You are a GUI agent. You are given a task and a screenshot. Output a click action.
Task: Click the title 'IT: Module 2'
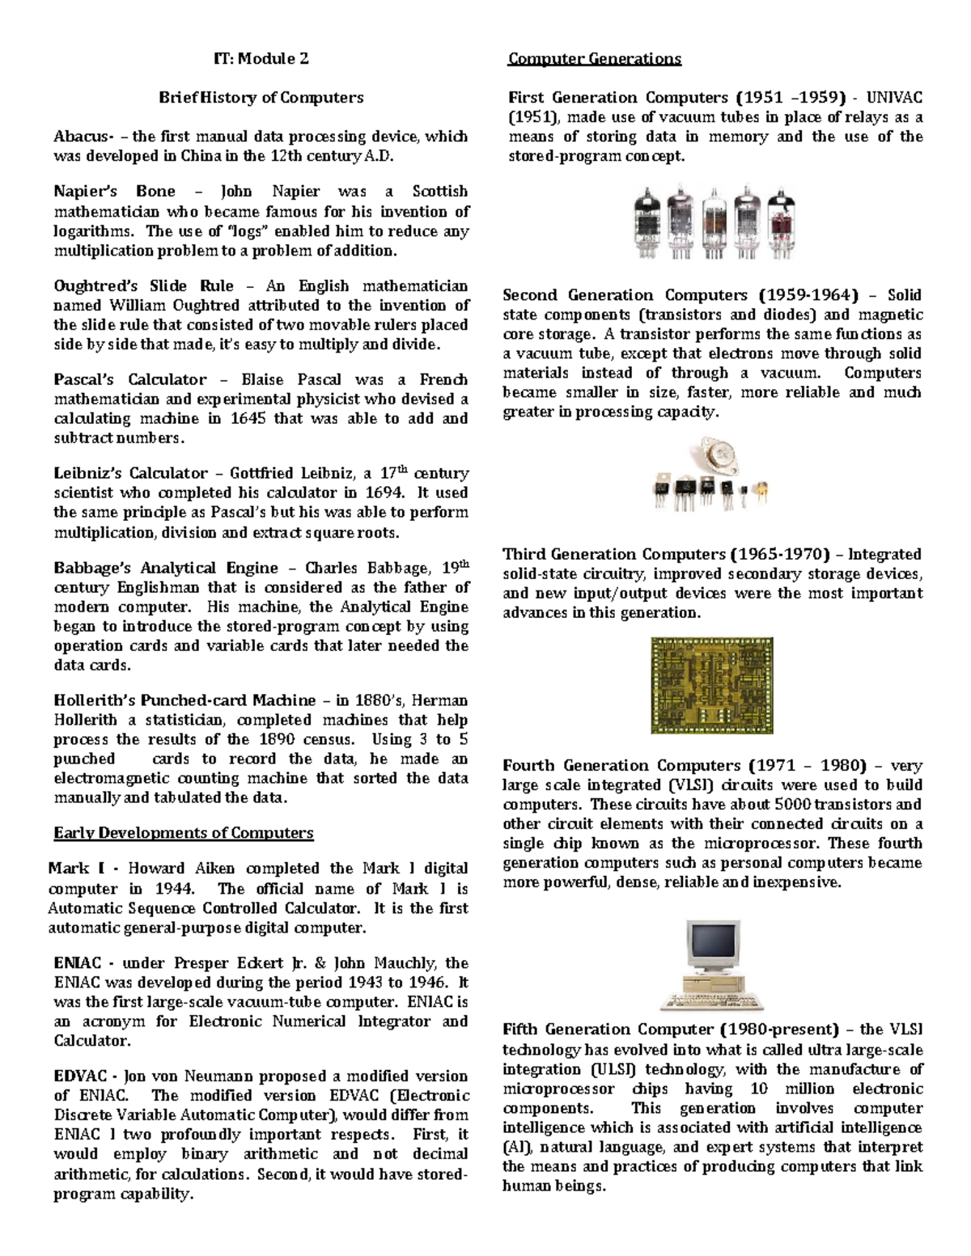click(x=261, y=58)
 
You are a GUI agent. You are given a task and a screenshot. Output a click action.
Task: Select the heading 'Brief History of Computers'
click(x=261, y=98)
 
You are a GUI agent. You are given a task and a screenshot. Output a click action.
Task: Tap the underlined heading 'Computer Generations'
click(x=594, y=58)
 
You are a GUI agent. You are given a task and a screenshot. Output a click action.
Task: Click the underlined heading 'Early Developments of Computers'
click(x=183, y=833)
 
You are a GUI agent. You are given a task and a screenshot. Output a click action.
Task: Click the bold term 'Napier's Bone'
click(x=114, y=192)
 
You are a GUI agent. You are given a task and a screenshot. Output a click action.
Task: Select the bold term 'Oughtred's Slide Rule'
click(x=143, y=286)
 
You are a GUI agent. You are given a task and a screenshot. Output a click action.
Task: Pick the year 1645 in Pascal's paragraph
click(x=248, y=419)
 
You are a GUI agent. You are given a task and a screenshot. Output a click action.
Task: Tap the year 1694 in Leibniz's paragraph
click(x=385, y=493)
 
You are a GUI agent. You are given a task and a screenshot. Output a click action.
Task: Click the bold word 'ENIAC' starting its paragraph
click(x=78, y=963)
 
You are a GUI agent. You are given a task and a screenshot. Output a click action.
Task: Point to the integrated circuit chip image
click(x=711, y=685)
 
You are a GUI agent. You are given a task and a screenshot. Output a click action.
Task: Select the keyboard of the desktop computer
click(x=712, y=1001)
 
